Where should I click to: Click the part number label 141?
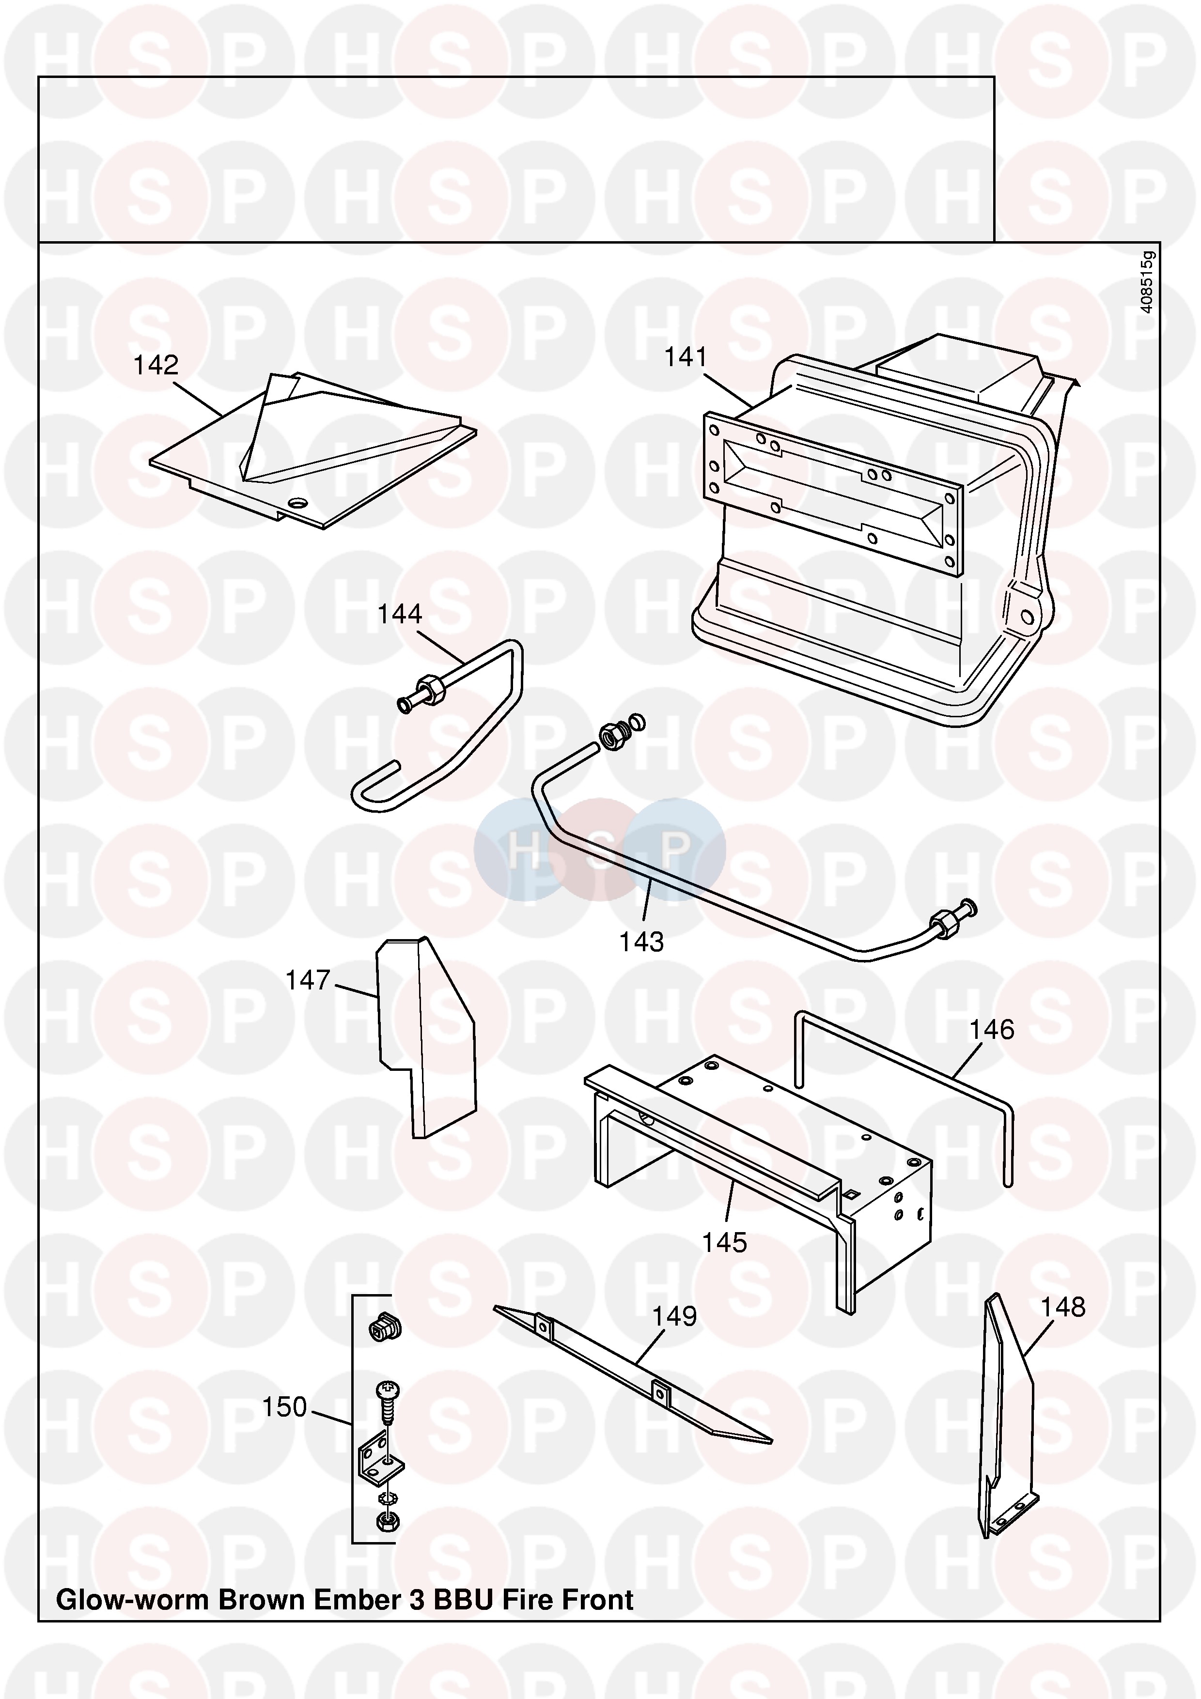686,357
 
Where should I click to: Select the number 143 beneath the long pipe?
641,942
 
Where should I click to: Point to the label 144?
400,614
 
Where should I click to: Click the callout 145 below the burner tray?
724,1242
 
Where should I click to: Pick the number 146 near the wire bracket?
992,1029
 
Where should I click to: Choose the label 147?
307,980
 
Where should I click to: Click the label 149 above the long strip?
673,1316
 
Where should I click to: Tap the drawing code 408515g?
1145,282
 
